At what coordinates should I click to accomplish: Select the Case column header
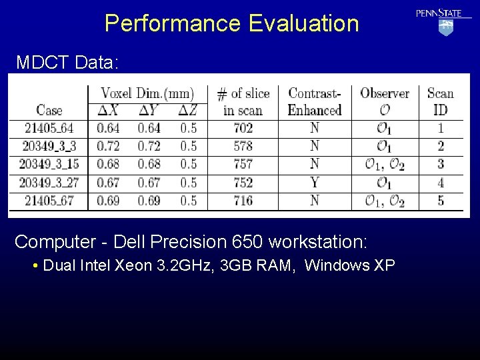coord(49,111)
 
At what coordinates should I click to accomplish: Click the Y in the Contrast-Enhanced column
coord(315,182)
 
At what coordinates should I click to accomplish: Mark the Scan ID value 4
coord(441,182)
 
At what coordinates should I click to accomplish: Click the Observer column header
coord(385,101)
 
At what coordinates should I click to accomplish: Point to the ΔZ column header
coord(189,111)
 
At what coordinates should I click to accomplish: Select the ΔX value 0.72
coord(108,146)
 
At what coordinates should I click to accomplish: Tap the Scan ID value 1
coord(441,128)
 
